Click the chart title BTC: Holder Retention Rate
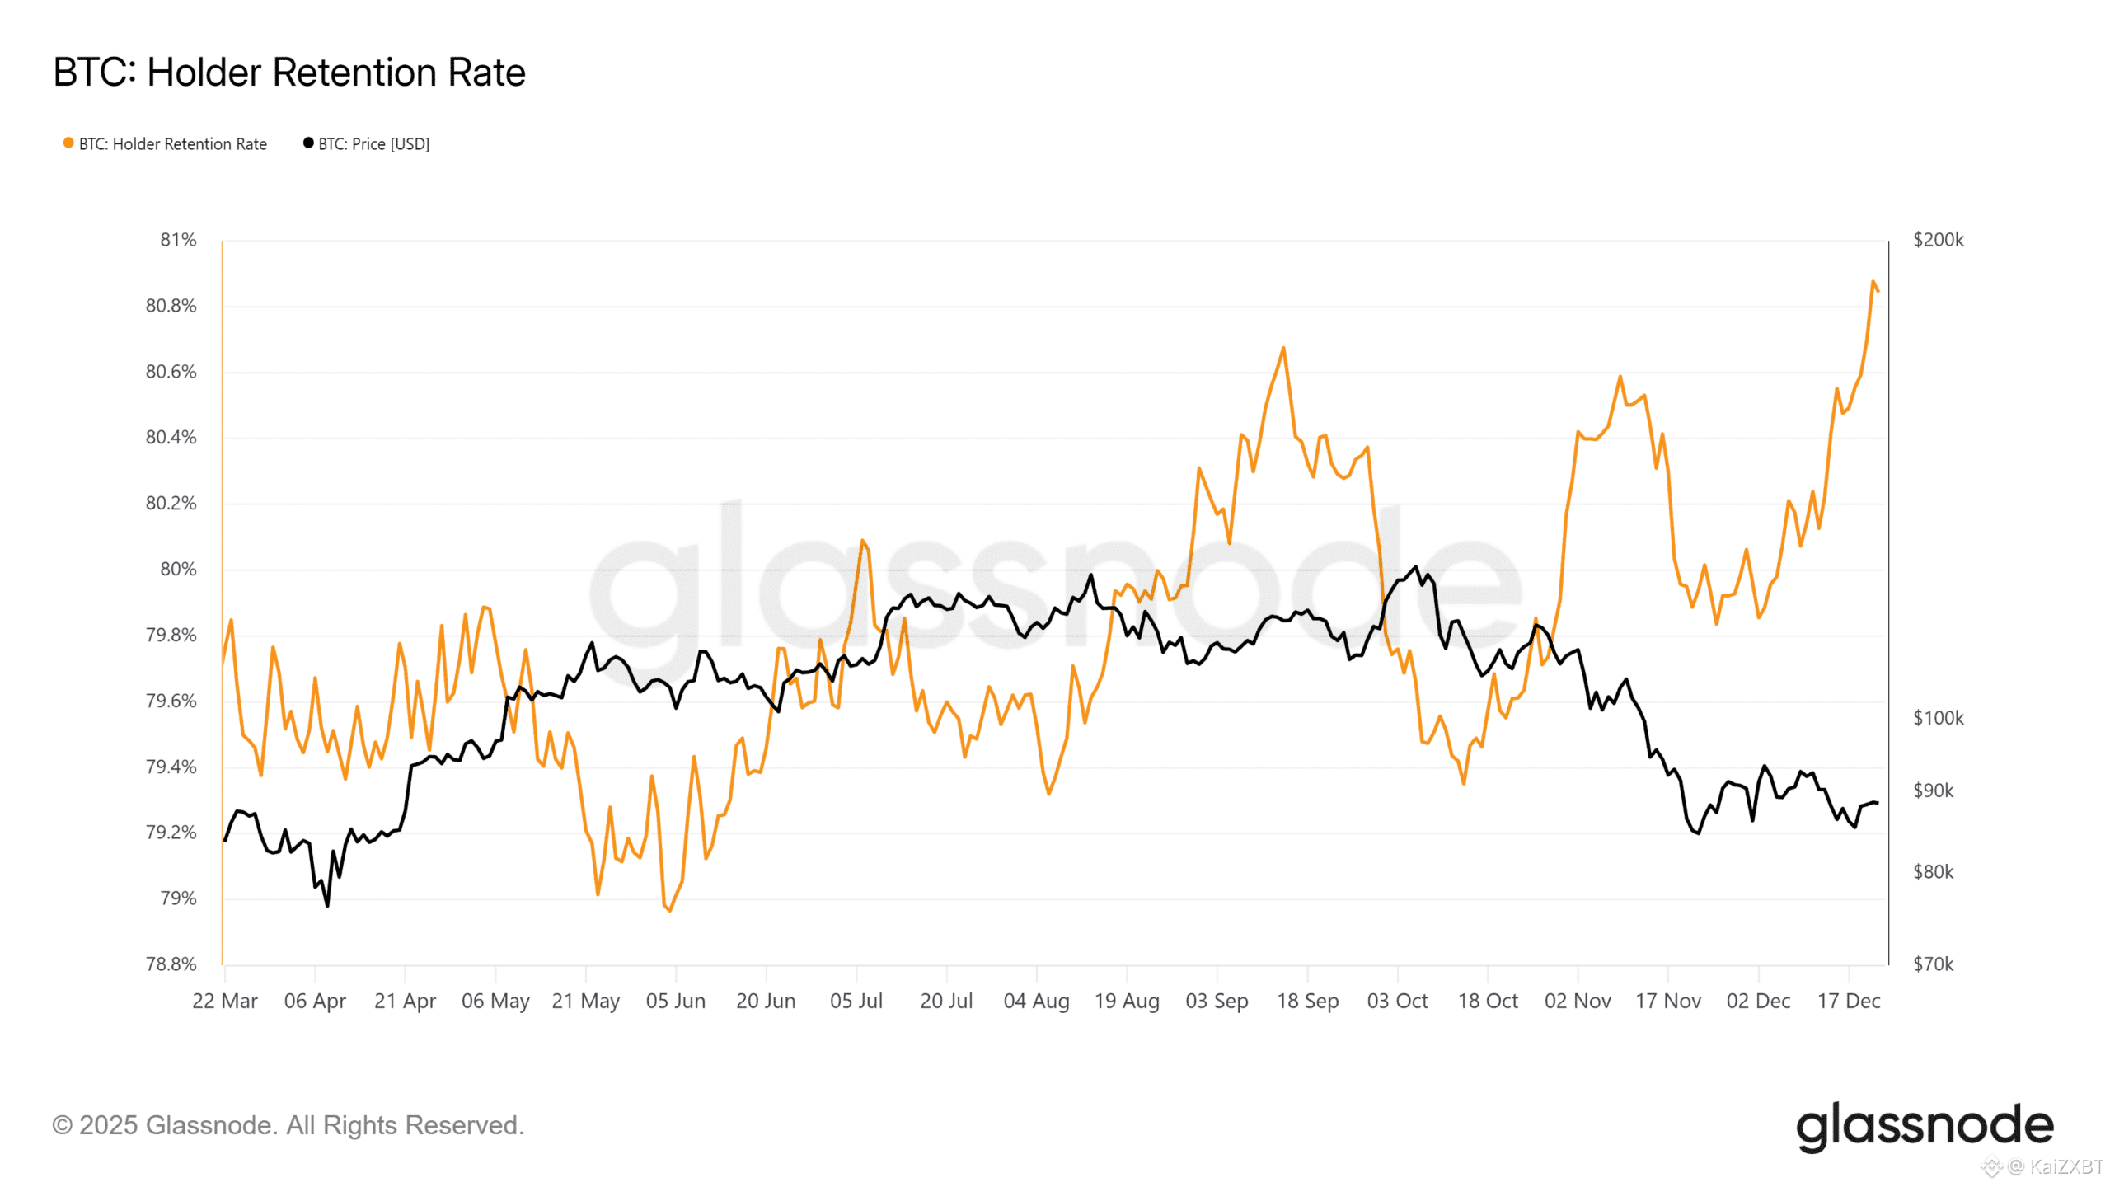pyautogui.click(x=289, y=73)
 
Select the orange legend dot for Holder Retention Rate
pyautogui.click(x=68, y=143)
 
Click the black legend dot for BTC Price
pyautogui.click(x=308, y=143)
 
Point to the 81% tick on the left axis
pyautogui.click(x=178, y=240)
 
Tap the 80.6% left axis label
pyautogui.click(x=171, y=372)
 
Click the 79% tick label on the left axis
pyautogui.click(x=178, y=898)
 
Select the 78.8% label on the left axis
pyautogui.click(x=171, y=964)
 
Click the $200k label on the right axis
pyautogui.click(x=1938, y=240)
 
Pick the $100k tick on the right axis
pyautogui.click(x=1938, y=718)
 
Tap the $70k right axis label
pyautogui.click(x=1933, y=964)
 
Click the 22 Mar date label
pyautogui.click(x=225, y=1002)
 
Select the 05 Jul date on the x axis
pyautogui.click(x=856, y=1002)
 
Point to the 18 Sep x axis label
pyautogui.click(x=1307, y=1002)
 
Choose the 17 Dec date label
pyautogui.click(x=1849, y=1002)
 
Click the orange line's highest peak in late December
pyautogui.click(x=1873, y=282)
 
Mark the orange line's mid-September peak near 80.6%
pyautogui.click(x=1283, y=349)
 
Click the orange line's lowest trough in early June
pyautogui.click(x=669, y=910)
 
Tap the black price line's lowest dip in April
pyautogui.click(x=327, y=905)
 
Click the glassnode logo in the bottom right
pyautogui.click(x=1925, y=1126)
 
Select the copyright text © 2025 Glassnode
pyautogui.click(x=288, y=1125)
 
